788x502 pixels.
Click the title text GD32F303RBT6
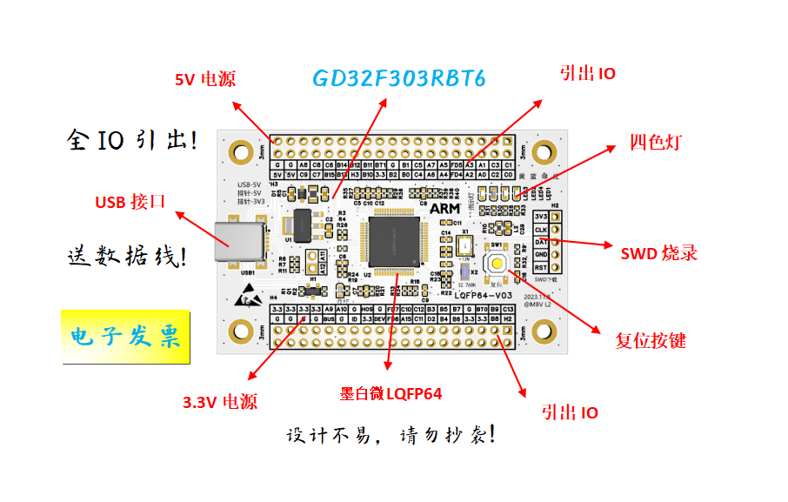[398, 79]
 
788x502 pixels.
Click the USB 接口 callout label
[130, 203]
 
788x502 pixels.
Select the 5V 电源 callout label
[205, 80]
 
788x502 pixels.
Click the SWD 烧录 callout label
[658, 254]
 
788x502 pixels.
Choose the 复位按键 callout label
[650, 340]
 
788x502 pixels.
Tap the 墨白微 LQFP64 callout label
[391, 394]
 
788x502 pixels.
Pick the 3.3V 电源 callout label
[220, 403]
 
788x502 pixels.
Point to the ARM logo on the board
[445, 209]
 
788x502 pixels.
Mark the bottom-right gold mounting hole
[545, 331]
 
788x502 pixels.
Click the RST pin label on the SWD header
[541, 267]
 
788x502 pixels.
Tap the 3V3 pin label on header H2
[541, 217]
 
